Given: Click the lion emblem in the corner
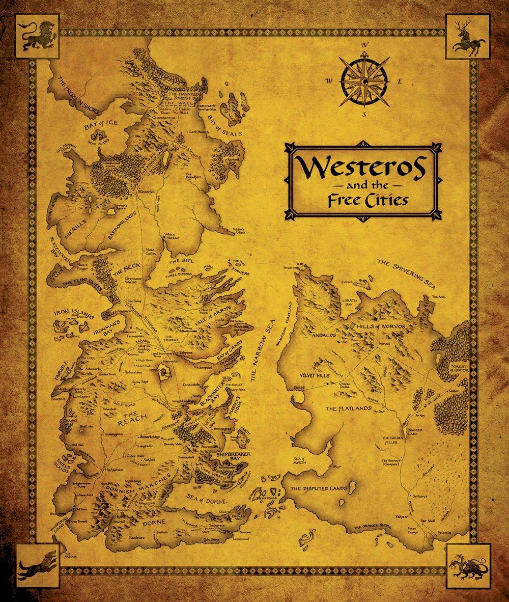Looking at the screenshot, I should point(38,36).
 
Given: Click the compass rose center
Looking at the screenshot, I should point(364,80).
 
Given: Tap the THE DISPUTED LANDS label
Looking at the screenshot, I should point(319,489).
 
